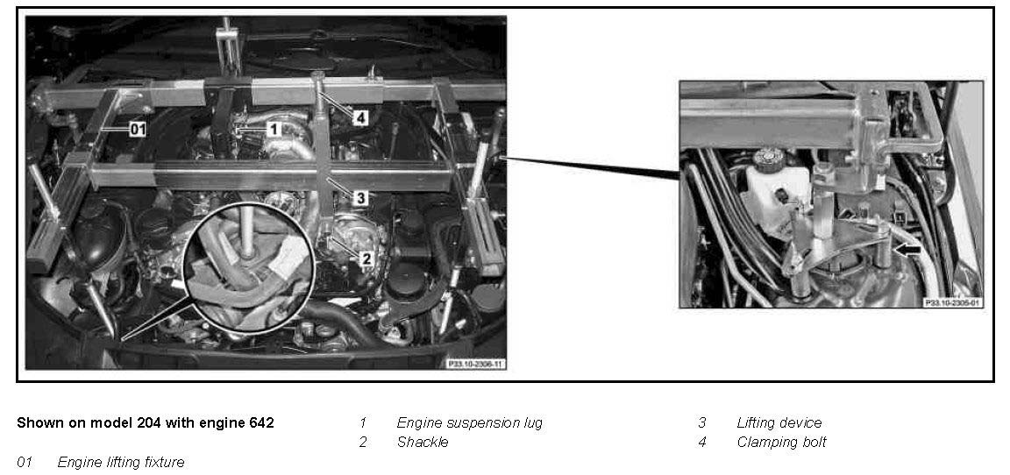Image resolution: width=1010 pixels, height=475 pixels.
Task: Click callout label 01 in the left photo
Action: coord(137,130)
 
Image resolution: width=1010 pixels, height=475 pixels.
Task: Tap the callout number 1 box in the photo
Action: coord(274,130)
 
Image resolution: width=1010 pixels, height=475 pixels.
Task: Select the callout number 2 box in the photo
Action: coord(366,259)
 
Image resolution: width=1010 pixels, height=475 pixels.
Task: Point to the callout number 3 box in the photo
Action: coord(360,198)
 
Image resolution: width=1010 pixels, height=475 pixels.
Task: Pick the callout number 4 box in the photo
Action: coord(360,118)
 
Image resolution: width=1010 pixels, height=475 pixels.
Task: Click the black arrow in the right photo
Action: coord(908,253)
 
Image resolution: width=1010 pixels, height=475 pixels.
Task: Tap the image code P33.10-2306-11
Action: coord(475,365)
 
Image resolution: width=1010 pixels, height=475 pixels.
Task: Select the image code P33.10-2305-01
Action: coord(953,301)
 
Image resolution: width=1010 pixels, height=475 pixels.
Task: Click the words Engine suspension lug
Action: coord(470,423)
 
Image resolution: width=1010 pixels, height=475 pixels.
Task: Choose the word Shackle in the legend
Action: coord(423,443)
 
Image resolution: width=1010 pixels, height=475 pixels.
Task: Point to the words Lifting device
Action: coord(779,423)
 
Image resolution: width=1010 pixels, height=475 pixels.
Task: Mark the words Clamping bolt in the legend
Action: coord(781,443)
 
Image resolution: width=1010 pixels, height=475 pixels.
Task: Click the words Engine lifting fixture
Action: coord(121,462)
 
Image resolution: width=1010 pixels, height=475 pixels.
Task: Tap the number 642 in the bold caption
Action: coord(260,423)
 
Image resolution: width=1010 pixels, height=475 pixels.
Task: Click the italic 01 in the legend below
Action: coord(25,462)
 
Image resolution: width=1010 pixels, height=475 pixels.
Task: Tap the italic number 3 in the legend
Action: coord(702,423)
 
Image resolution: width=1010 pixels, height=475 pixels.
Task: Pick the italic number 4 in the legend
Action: coord(702,443)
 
